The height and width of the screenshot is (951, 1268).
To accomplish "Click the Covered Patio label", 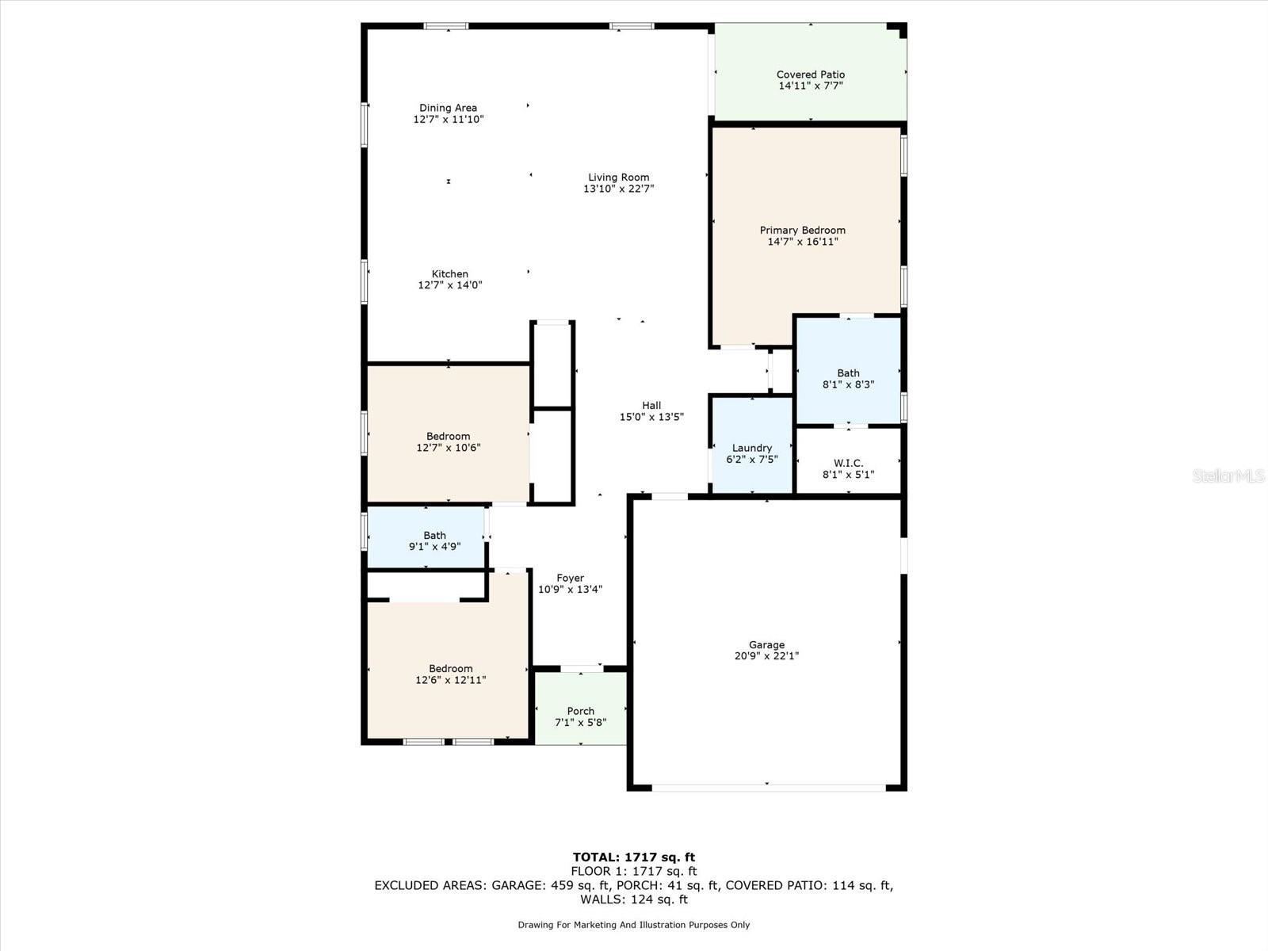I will click(810, 74).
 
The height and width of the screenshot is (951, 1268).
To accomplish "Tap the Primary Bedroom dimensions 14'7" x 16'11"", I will click(802, 242).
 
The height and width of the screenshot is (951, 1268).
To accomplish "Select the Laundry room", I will click(751, 453).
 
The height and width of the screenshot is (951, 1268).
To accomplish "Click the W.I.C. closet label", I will click(848, 463).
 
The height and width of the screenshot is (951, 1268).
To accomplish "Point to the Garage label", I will click(766, 645).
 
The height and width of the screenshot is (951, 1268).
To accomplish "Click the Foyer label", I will click(570, 579).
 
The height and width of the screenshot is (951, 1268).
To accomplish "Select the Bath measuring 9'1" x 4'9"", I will click(434, 540).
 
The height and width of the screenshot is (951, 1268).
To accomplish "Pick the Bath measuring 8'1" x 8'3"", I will click(848, 378).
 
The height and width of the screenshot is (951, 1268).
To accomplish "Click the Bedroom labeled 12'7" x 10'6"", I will click(448, 441).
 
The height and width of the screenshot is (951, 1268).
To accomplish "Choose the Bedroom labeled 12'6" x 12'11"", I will click(450, 674).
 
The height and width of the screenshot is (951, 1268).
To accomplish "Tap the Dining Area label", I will click(448, 108).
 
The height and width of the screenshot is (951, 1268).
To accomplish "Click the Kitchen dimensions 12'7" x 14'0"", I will click(449, 285).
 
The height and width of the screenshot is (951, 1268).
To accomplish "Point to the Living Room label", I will click(618, 178).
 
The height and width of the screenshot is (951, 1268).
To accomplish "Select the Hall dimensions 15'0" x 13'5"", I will click(651, 417).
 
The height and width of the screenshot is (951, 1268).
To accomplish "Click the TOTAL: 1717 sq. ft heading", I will click(633, 857).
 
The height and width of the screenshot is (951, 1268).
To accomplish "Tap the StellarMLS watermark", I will click(1228, 475).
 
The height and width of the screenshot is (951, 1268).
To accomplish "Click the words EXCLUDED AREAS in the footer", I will click(430, 885).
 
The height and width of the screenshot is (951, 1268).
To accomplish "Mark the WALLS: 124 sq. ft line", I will click(633, 899).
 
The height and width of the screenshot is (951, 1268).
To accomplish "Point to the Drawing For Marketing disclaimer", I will click(633, 925).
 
